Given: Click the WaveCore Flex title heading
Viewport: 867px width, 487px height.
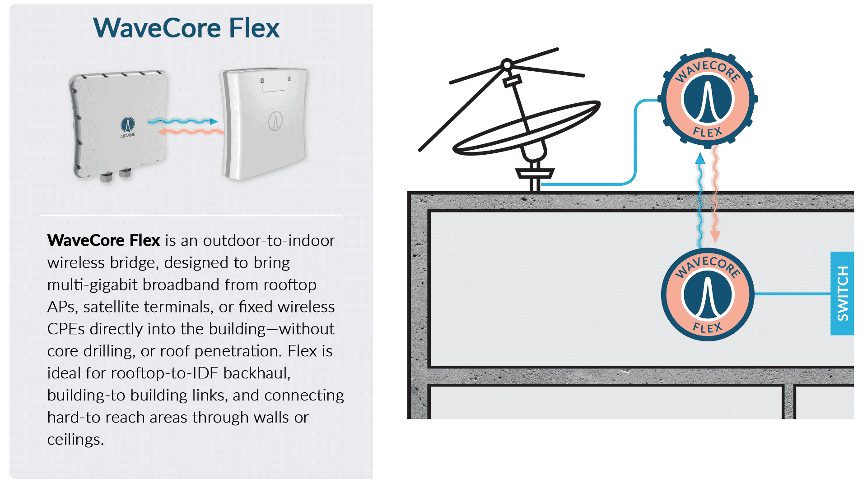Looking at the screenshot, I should (186, 28).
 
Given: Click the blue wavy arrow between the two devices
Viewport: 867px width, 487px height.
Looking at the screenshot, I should (183, 121).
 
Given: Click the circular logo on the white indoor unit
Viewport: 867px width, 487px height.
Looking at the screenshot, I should (275, 121).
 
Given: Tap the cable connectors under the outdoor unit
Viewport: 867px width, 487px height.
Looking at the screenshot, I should (115, 175).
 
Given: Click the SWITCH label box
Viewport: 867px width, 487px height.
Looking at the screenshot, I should (842, 293).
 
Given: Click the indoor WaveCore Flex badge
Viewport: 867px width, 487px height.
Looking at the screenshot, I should (708, 294).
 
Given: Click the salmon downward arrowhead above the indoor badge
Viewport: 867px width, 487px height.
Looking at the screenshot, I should (715, 236).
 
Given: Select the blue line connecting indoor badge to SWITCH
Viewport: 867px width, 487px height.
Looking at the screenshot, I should (792, 294).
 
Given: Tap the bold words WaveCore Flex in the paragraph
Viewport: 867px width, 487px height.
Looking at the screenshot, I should (104, 240).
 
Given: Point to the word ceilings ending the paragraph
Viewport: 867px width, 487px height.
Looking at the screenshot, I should (75, 440).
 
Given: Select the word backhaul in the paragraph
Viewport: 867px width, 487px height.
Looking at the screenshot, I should (256, 373).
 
